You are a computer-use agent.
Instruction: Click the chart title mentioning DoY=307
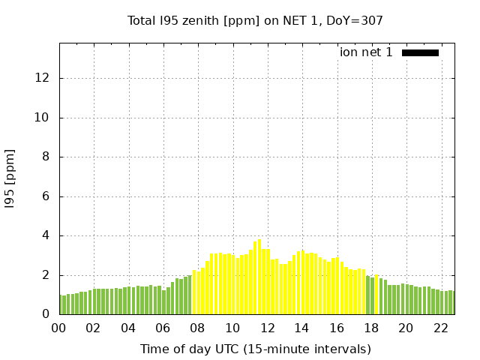[x=255, y=20]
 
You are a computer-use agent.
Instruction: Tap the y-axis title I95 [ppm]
[x=10, y=178]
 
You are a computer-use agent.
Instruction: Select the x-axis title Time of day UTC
[x=255, y=349]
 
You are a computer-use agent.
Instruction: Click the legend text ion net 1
[x=366, y=52]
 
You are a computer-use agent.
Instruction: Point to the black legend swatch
[x=420, y=52]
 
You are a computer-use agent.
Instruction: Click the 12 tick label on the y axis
[x=44, y=78]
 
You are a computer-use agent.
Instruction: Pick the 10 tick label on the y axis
[x=44, y=118]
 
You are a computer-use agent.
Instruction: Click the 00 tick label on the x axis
[x=58, y=328]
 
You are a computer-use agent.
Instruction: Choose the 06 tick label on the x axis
[x=163, y=328]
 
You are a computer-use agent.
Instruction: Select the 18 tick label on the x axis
[x=370, y=328]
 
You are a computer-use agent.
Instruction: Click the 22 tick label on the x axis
[x=440, y=328]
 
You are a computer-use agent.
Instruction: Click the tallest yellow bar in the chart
[x=259, y=277]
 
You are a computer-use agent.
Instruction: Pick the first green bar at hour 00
[x=61, y=304]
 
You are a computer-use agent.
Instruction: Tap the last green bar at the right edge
[x=452, y=303]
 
